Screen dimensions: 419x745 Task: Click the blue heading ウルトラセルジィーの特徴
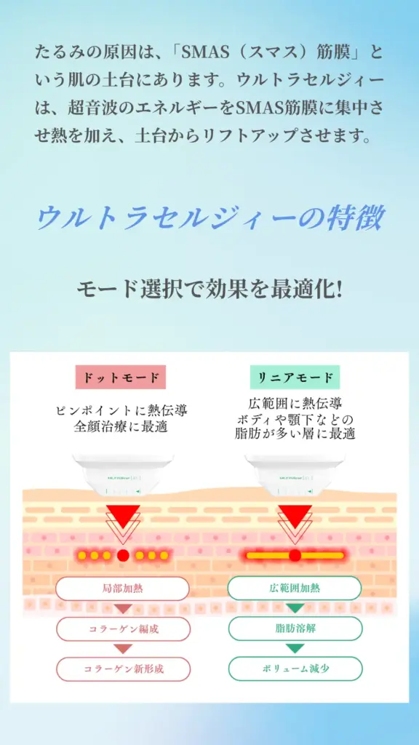(x=209, y=218)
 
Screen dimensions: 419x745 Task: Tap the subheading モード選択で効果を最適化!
(x=209, y=288)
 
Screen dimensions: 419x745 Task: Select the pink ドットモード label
(x=120, y=378)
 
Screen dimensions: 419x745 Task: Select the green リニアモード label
(x=295, y=378)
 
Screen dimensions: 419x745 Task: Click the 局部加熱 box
(x=122, y=589)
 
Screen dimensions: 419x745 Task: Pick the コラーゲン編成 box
(x=123, y=629)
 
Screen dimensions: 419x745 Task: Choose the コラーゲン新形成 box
(x=123, y=669)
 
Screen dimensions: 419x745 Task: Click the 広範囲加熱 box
(x=295, y=588)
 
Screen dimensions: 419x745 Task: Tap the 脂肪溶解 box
(x=295, y=629)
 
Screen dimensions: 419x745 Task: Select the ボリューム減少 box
(x=295, y=669)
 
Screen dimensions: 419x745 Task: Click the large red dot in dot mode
(x=123, y=555)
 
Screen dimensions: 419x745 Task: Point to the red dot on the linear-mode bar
(x=295, y=555)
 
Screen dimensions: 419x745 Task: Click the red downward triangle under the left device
(x=123, y=516)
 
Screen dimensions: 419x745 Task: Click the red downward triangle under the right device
(x=295, y=516)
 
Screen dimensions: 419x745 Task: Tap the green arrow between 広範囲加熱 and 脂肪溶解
(x=295, y=608)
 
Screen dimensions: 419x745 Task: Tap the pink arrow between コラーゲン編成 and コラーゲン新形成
(x=123, y=649)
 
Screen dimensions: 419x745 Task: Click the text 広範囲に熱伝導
(x=295, y=404)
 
